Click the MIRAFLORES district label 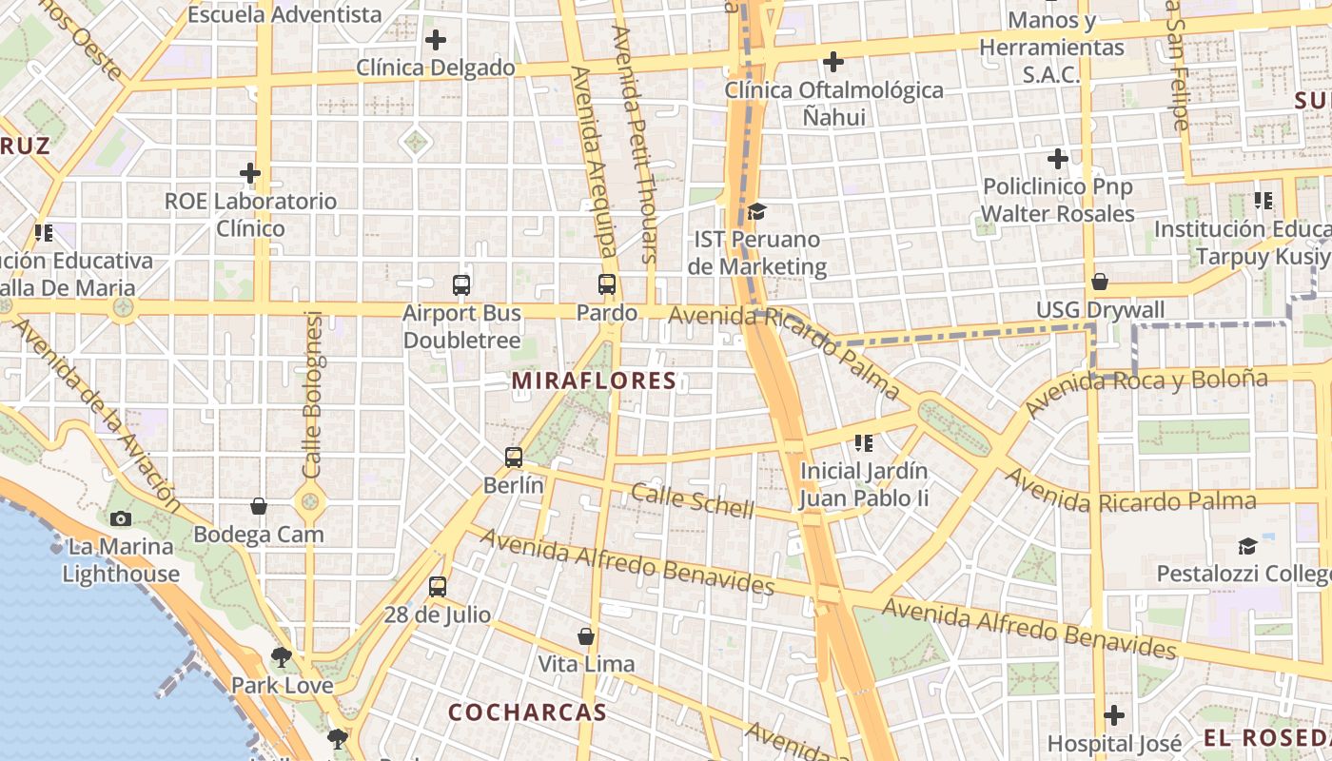click(594, 381)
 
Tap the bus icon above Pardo click(607, 283)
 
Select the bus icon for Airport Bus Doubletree click(461, 284)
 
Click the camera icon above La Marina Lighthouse click(121, 518)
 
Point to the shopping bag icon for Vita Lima click(586, 635)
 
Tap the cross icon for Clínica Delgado click(436, 40)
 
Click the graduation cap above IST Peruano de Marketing click(756, 211)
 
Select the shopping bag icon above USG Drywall click(1100, 282)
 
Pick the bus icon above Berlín click(514, 457)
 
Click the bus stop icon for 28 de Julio click(438, 586)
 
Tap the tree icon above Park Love click(281, 656)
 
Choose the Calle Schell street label click(692, 500)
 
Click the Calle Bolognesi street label click(313, 395)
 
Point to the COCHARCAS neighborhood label click(527, 712)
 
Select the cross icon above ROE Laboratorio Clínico click(250, 173)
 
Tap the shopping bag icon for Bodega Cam click(259, 506)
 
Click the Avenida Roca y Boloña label click(1146, 392)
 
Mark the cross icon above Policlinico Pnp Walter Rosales click(1057, 159)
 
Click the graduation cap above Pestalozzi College click(1247, 546)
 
